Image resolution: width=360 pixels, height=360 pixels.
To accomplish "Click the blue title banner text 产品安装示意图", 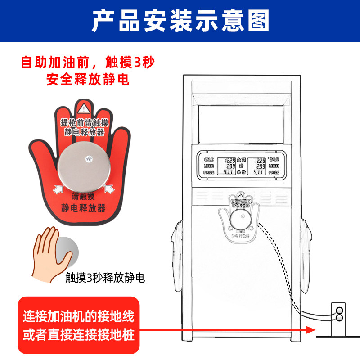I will tap(180, 20).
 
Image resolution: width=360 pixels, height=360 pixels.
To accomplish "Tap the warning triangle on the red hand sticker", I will tap(83, 108).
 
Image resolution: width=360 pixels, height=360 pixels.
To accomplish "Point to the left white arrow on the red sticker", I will tap(57, 190).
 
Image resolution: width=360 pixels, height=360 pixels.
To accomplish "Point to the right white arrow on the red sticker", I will tap(109, 190).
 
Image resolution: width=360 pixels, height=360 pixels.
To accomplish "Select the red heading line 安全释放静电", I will tap(88, 80).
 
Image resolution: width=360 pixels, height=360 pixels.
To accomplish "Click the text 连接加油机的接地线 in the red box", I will tap(79, 317).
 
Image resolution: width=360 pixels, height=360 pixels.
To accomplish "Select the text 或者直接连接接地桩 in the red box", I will tap(79, 336).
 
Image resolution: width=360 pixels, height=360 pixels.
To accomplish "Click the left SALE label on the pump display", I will tap(209, 159).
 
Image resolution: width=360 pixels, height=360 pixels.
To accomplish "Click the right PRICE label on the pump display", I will tap(274, 172).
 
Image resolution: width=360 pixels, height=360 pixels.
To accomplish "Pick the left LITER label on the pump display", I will tap(209, 166).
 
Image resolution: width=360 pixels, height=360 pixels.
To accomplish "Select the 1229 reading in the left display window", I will tap(230, 160).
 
